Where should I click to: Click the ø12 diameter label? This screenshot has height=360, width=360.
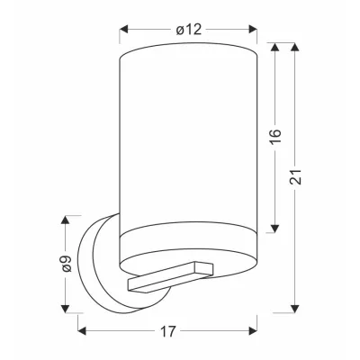189,30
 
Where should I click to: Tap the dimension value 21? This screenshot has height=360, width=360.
295,177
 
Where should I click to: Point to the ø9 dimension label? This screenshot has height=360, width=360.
66,264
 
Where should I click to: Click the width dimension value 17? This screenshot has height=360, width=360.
167,331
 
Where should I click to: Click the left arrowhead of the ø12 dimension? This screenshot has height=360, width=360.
124,29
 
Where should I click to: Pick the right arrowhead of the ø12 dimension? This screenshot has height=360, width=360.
253,29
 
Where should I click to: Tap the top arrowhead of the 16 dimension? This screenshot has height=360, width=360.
275,47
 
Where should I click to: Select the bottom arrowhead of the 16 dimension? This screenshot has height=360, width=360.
275,229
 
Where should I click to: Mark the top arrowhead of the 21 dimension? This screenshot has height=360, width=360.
295,47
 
